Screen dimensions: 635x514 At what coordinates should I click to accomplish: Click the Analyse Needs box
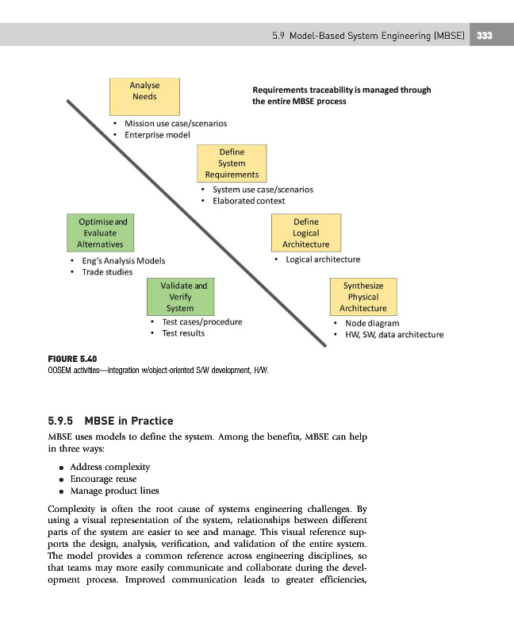tap(144, 97)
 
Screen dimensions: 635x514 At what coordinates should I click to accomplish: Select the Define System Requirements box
tap(232, 163)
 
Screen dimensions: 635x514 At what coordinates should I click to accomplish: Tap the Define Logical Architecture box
tap(306, 233)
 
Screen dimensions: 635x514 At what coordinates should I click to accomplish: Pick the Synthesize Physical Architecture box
tap(362, 297)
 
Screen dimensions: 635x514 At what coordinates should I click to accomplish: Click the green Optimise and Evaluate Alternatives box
tap(99, 233)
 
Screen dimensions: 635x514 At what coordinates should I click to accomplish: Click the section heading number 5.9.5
tap(67, 420)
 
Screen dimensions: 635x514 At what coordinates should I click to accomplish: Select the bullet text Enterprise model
tap(157, 135)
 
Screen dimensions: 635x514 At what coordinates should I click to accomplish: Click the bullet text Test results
tap(182, 333)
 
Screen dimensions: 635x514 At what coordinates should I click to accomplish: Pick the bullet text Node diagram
tap(372, 323)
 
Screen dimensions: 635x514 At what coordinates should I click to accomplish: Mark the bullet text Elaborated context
tap(248, 201)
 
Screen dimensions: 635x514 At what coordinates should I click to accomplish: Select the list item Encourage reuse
tap(103, 479)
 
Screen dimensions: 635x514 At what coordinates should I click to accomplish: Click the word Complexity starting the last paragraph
tap(76, 508)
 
